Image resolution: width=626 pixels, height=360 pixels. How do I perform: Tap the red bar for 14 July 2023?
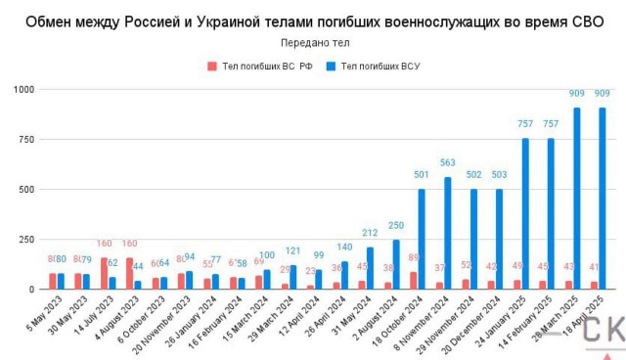105,273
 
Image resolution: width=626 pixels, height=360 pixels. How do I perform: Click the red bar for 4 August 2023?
130,273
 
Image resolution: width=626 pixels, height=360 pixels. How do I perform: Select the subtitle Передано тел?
314,43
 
